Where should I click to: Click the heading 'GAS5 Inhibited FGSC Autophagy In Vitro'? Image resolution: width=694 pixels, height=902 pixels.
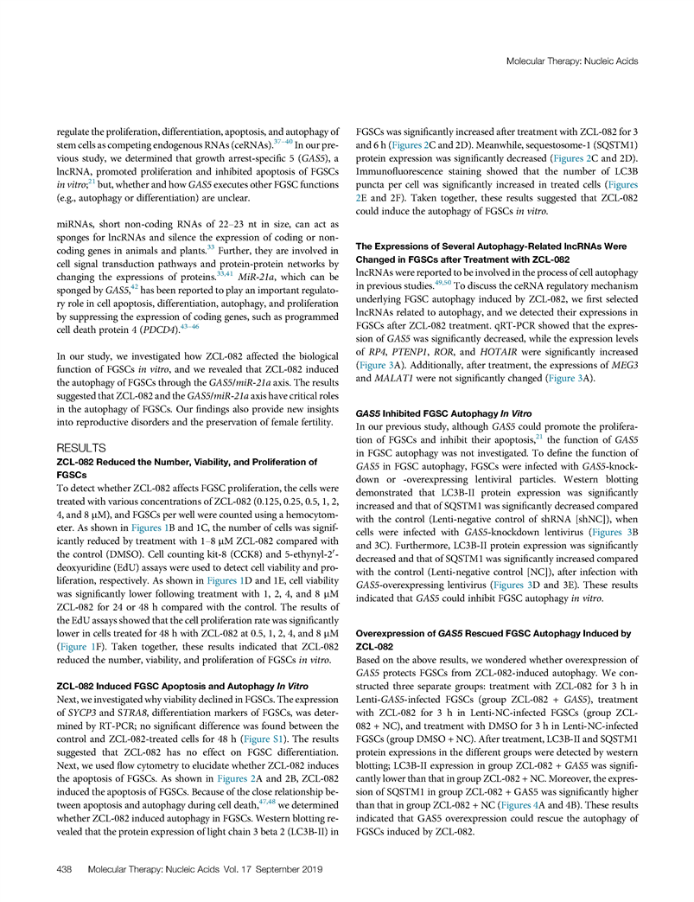(x=445, y=413)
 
